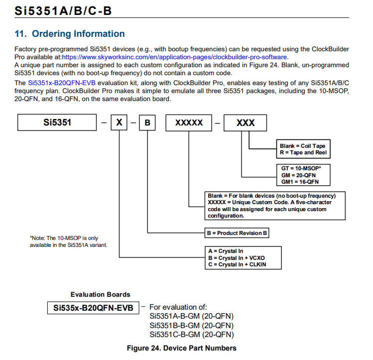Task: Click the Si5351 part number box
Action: tap(57, 122)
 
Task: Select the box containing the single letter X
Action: tap(119, 122)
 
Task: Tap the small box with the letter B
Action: tap(147, 122)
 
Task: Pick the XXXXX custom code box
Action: tap(189, 122)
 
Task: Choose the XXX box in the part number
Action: tap(245, 122)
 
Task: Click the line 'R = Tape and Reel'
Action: tap(303, 152)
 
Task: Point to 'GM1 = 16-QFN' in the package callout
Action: tap(300, 182)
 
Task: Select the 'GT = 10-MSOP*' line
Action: tap(301, 169)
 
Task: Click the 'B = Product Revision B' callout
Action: tap(238, 233)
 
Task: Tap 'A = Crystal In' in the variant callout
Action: tap(225, 251)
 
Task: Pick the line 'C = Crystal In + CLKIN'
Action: tap(237, 264)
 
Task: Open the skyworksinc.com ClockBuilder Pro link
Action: tap(174, 57)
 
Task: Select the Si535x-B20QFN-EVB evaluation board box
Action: tap(93, 308)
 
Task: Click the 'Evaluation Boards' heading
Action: tap(100, 294)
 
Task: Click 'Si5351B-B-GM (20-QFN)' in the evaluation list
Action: tap(192, 326)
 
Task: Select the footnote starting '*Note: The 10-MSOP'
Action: tap(64, 241)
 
